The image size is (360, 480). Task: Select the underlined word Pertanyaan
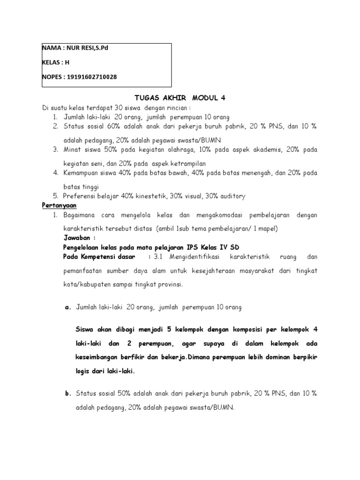(59, 205)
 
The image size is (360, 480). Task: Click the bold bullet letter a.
(67, 307)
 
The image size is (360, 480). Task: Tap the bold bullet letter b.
(67, 394)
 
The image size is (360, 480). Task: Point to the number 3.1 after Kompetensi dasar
(159, 256)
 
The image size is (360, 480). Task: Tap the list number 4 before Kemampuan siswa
(55, 173)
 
